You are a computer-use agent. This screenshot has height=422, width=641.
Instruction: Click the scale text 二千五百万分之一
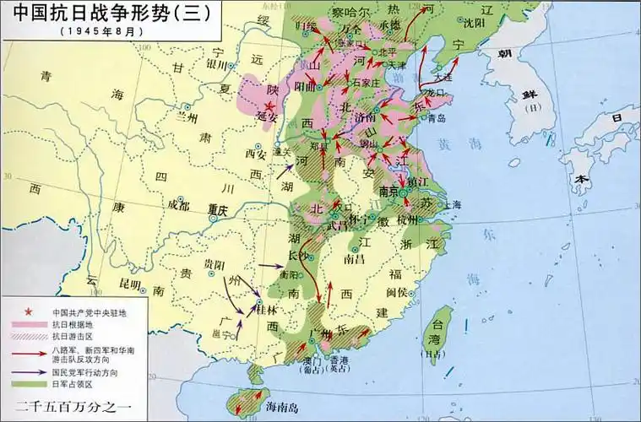(75, 403)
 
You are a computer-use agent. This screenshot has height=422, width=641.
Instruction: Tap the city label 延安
(267, 116)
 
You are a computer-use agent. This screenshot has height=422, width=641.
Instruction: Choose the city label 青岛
(437, 119)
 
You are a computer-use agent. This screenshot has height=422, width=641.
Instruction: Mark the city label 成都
(178, 204)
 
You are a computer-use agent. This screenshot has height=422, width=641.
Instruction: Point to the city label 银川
(218, 64)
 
